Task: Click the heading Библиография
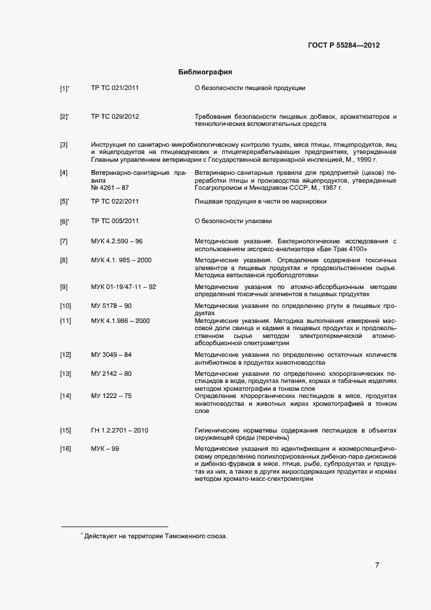click(x=205, y=71)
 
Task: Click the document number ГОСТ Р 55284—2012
click(x=344, y=46)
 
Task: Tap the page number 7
click(x=377, y=565)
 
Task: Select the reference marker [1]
click(x=64, y=88)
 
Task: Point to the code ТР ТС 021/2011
click(x=115, y=87)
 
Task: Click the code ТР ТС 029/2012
click(x=115, y=117)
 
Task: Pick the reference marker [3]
click(x=64, y=144)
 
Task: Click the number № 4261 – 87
click(x=110, y=187)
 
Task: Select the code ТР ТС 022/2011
click(x=115, y=202)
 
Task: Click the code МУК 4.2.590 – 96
click(x=117, y=242)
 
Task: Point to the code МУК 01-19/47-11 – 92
click(x=123, y=286)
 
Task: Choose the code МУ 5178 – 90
click(x=111, y=305)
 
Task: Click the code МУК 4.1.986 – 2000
click(x=121, y=320)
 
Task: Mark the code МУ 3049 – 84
click(x=111, y=354)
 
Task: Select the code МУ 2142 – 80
click(x=111, y=374)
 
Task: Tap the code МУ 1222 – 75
click(x=111, y=396)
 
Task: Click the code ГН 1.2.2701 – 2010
click(x=120, y=431)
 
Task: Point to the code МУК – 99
click(x=105, y=450)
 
